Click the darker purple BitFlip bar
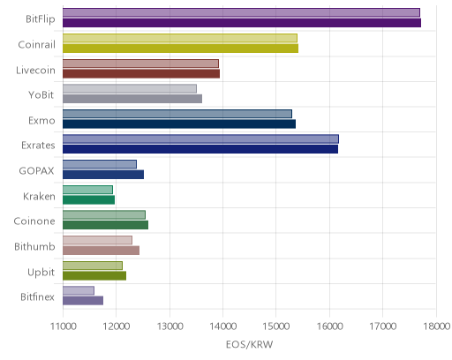pyautogui.click(x=242, y=23)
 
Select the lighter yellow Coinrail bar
pyautogui.click(x=180, y=38)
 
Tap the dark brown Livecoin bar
pyautogui.click(x=141, y=73)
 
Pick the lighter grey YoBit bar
pyautogui.click(x=130, y=89)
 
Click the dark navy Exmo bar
pyautogui.click(x=179, y=124)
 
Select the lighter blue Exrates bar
pyautogui.click(x=200, y=139)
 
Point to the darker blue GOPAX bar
pyautogui.click(x=103, y=175)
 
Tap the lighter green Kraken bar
pyautogui.click(x=87, y=190)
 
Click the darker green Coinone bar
pyautogui.click(x=105, y=225)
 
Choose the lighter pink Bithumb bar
pyautogui.click(x=97, y=240)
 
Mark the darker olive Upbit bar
pyautogui.click(x=94, y=276)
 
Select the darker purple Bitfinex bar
pyautogui.click(x=83, y=301)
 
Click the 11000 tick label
pyautogui.click(x=64, y=326)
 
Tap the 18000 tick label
pyautogui.click(x=437, y=326)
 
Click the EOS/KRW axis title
pyautogui.click(x=250, y=344)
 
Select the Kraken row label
pyautogui.click(x=39, y=196)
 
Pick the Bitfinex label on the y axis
pyautogui.click(x=37, y=297)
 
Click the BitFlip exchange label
pyautogui.click(x=41, y=19)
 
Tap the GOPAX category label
pyautogui.click(x=36, y=171)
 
